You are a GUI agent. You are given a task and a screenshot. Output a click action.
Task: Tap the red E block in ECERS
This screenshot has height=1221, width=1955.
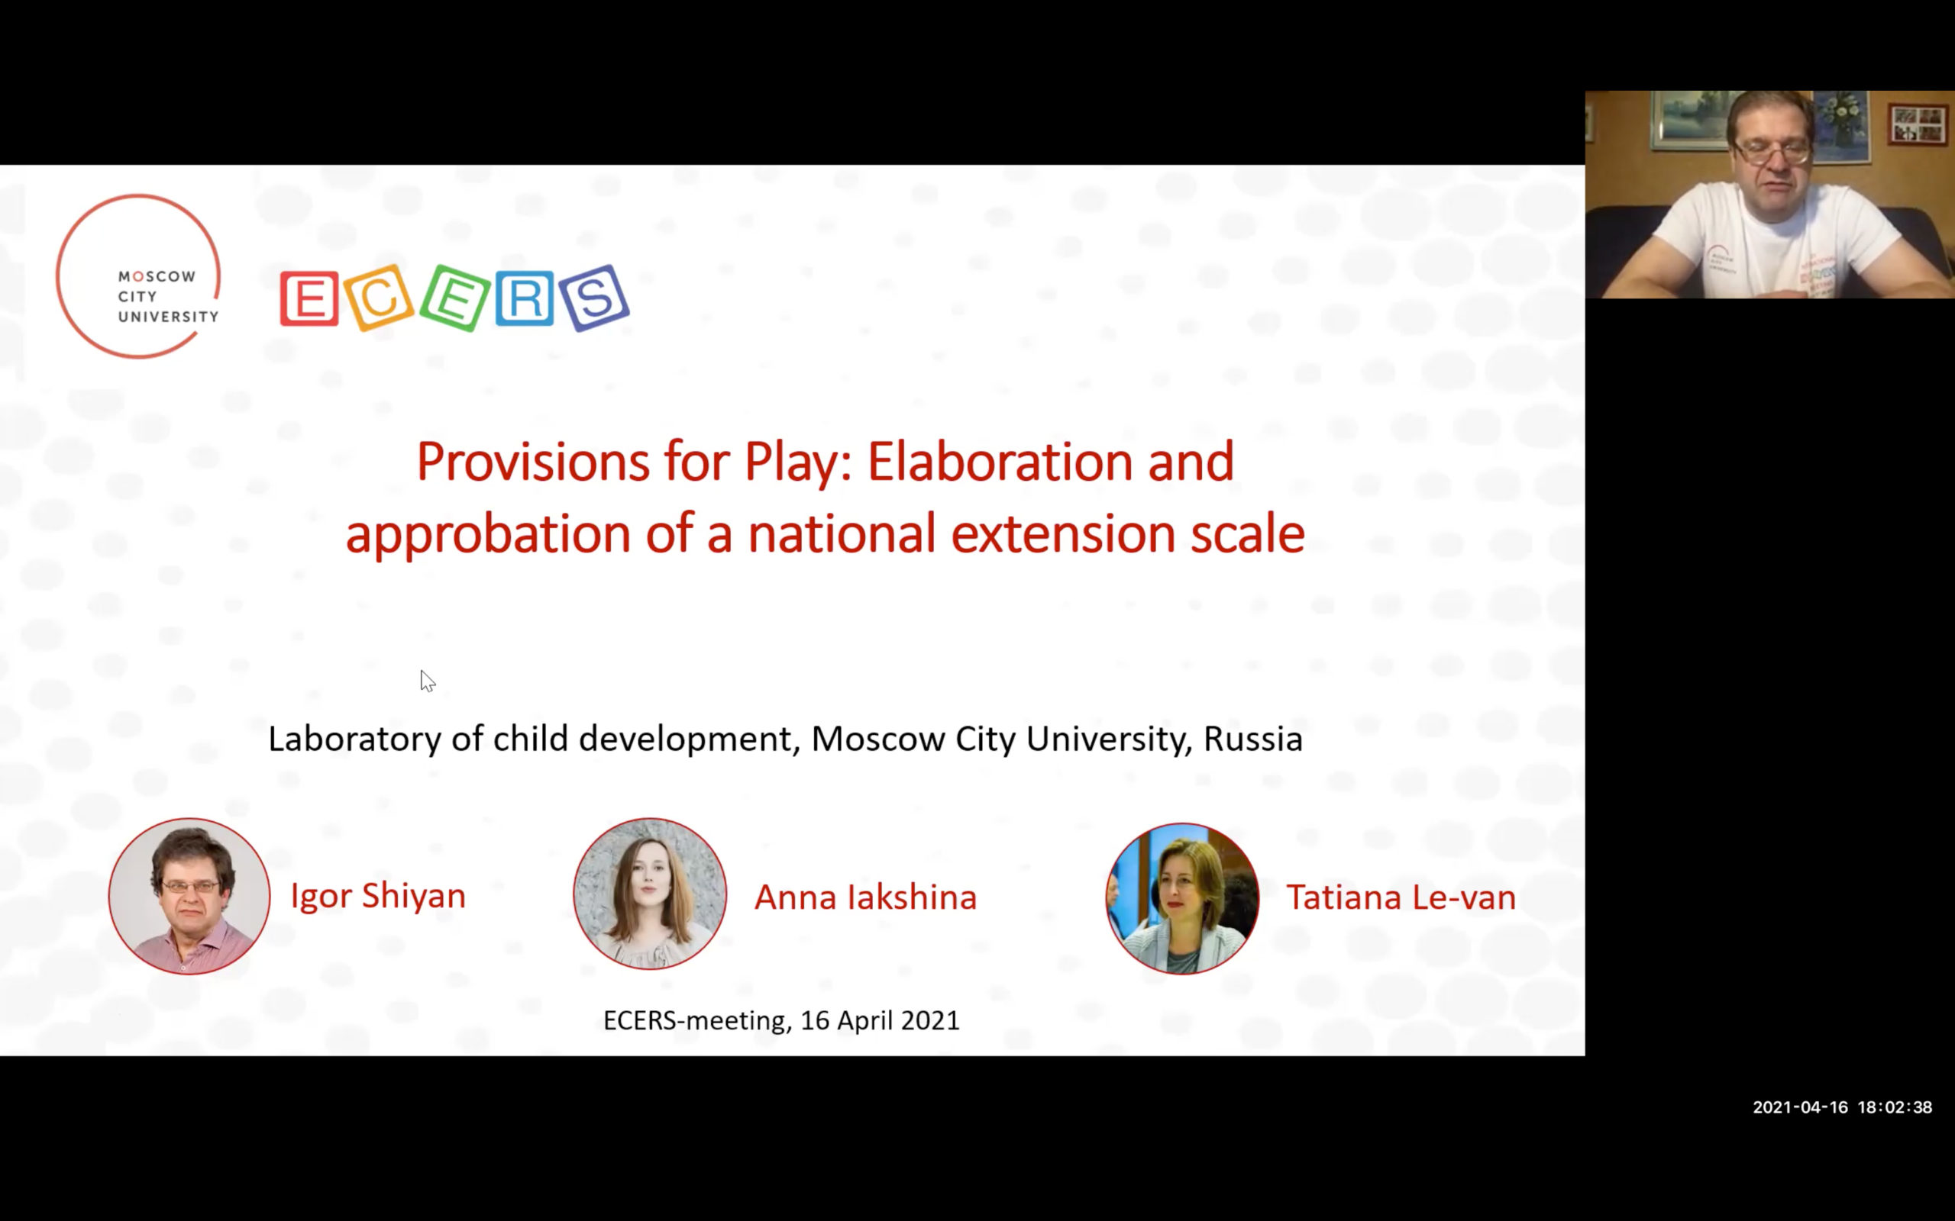click(x=309, y=299)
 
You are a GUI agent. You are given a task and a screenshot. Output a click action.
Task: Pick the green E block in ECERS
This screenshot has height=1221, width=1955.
click(x=454, y=298)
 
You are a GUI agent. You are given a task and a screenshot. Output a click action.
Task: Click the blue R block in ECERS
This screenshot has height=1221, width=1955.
click(x=525, y=298)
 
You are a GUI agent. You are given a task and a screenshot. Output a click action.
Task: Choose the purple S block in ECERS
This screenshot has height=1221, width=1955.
click(x=595, y=298)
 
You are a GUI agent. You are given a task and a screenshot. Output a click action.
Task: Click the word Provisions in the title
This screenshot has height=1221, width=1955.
click(x=533, y=462)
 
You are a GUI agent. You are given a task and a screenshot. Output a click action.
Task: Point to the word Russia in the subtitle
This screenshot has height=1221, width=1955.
click(x=1253, y=739)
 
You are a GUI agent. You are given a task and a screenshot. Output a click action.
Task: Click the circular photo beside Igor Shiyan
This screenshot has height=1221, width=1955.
click(x=190, y=897)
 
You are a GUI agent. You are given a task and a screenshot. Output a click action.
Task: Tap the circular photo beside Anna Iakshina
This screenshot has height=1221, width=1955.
click(x=651, y=894)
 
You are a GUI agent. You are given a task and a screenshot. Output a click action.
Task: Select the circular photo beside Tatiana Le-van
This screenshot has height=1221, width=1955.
click(x=1183, y=898)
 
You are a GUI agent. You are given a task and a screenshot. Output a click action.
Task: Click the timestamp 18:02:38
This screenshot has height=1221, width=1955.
click(x=1895, y=1107)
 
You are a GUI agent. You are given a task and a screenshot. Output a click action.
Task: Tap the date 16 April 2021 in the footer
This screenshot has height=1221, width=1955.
click(x=880, y=1021)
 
